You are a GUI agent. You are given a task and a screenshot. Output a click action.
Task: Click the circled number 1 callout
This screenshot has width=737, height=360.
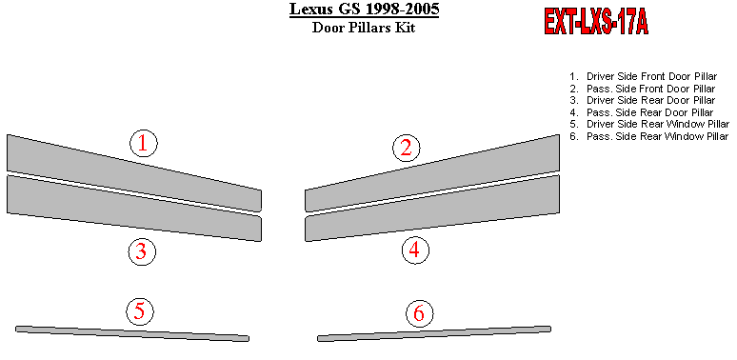144,144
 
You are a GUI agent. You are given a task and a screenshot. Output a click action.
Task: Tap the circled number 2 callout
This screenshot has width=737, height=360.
406,148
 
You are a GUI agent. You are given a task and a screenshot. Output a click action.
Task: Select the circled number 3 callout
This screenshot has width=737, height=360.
142,252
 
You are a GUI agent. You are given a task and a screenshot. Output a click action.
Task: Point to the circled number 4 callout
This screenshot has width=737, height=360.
415,250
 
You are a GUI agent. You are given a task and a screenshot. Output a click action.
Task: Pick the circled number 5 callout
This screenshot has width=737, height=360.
140,311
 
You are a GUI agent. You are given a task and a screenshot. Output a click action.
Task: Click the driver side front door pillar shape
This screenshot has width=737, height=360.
134,172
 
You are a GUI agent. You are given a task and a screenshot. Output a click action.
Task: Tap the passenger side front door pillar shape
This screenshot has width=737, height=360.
432,172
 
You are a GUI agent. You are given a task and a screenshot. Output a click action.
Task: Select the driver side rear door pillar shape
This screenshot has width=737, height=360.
134,208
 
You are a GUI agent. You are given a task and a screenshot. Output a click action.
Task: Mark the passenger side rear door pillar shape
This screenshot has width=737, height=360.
432,208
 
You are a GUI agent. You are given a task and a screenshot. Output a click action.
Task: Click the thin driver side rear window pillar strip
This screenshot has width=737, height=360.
132,333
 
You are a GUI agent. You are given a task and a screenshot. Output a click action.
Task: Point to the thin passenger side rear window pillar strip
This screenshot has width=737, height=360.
434,333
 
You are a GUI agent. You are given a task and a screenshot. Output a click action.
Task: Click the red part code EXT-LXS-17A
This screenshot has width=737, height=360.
596,22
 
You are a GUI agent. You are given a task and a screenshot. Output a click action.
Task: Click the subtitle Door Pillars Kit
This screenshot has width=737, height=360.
364,28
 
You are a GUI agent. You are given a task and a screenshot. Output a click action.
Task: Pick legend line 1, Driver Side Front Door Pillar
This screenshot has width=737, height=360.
644,76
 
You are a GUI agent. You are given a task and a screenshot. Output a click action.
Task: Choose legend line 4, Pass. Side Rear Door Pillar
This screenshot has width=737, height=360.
642,112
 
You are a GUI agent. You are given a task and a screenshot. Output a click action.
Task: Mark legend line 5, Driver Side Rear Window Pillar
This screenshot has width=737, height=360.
649,124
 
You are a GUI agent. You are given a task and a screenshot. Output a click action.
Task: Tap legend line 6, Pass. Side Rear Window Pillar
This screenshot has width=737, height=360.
648,136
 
